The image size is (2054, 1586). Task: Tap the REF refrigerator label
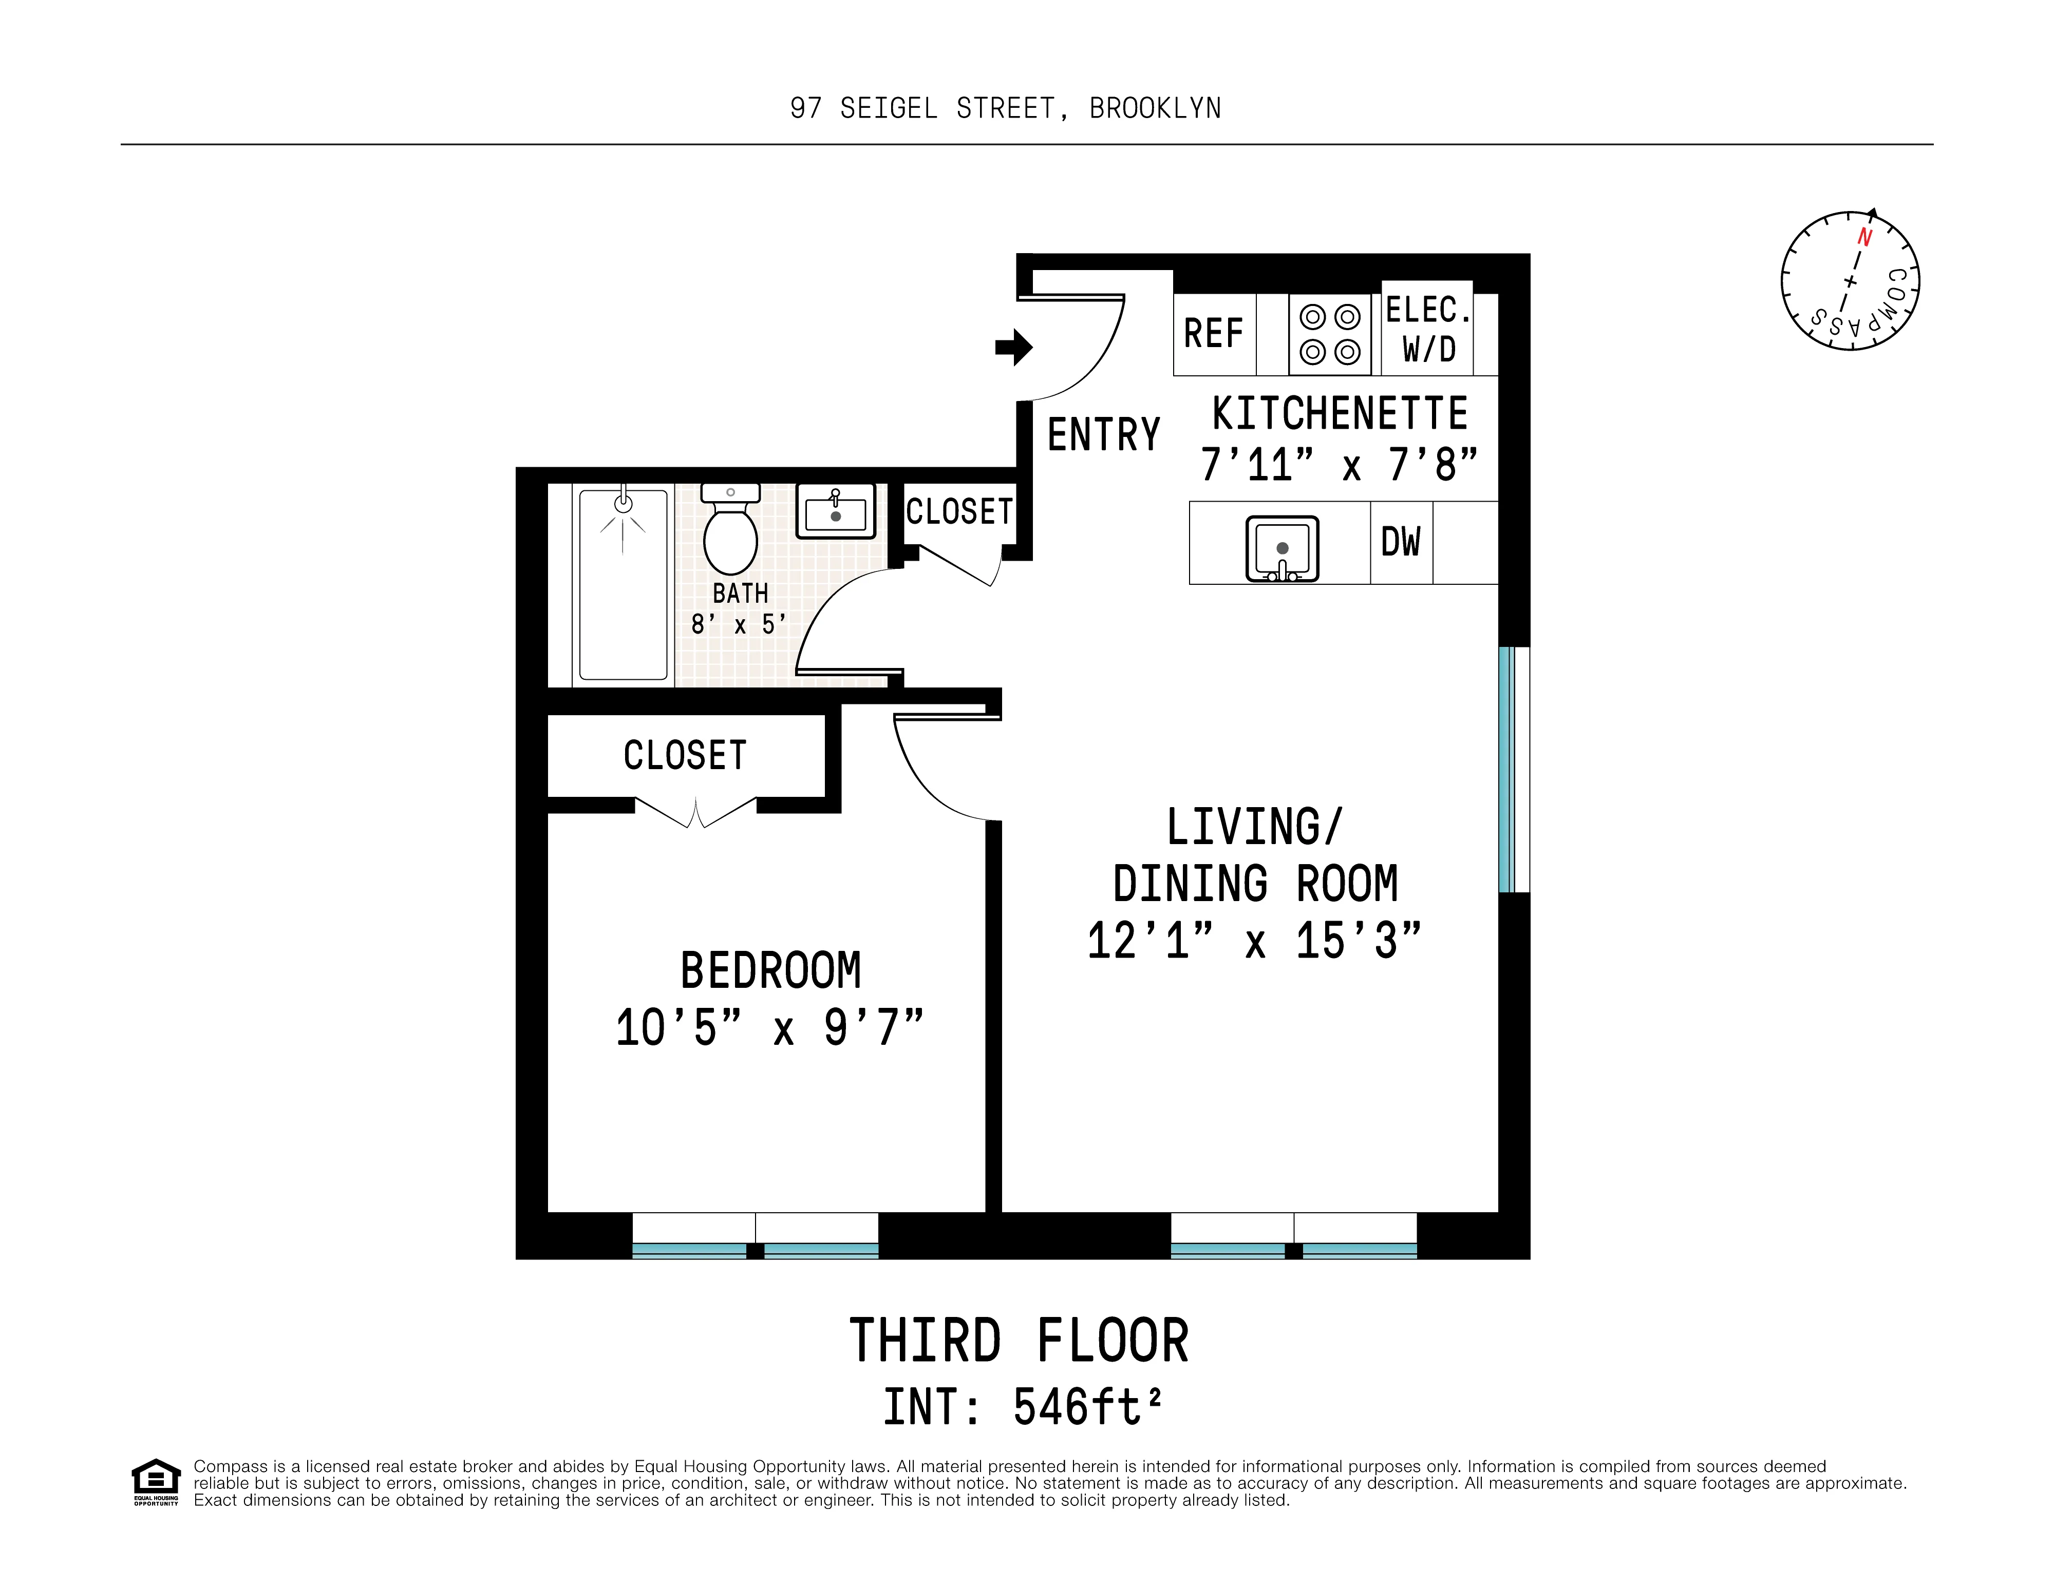1213,334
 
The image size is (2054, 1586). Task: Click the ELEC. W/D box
1428,329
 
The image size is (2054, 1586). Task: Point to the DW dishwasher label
1400,543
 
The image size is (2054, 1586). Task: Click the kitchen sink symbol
1282,549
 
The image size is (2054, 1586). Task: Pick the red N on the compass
1865,238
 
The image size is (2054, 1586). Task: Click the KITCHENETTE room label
1339,414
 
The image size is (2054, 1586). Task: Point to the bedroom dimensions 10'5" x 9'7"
769,1027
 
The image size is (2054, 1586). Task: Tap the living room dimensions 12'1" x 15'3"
1254,940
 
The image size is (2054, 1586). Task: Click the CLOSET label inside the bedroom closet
685,756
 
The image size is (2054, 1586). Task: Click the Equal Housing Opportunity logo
155,1483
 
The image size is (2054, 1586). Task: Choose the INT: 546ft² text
1022,1407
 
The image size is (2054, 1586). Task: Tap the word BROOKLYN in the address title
1155,109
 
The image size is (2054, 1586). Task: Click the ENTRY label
1103,435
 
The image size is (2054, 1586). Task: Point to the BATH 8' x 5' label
739,608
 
